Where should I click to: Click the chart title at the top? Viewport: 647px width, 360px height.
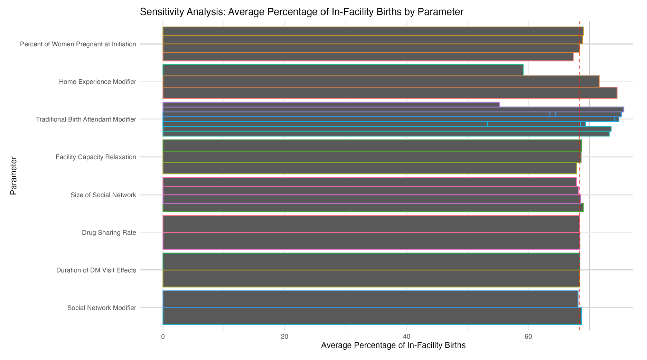(301, 12)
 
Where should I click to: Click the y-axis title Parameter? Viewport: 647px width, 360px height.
(13, 176)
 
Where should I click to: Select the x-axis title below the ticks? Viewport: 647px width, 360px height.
(393, 345)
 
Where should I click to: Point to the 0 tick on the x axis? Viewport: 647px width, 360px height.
(163, 337)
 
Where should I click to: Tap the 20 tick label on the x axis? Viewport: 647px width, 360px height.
(284, 337)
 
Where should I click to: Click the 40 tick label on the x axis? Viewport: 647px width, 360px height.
(406, 337)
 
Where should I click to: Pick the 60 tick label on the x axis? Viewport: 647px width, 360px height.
(528, 337)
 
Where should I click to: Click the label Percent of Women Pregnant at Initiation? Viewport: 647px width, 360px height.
(78, 44)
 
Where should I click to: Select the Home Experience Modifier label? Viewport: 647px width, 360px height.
(97, 82)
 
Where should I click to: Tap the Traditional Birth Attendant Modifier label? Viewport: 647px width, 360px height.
(86, 120)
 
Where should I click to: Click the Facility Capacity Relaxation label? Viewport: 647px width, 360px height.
(96, 157)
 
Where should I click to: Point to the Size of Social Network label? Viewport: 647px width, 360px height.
(103, 195)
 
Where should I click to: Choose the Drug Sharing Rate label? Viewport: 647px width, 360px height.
(109, 233)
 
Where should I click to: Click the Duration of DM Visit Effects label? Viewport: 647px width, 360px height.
(96, 270)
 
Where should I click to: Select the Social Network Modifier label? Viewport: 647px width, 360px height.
(102, 308)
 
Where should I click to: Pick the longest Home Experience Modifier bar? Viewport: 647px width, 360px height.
(390, 93)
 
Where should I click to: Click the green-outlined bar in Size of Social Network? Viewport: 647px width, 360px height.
(373, 208)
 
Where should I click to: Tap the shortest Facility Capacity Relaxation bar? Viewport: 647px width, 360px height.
(369, 168)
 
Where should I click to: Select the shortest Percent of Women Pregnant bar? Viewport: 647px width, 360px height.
(367, 57)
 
